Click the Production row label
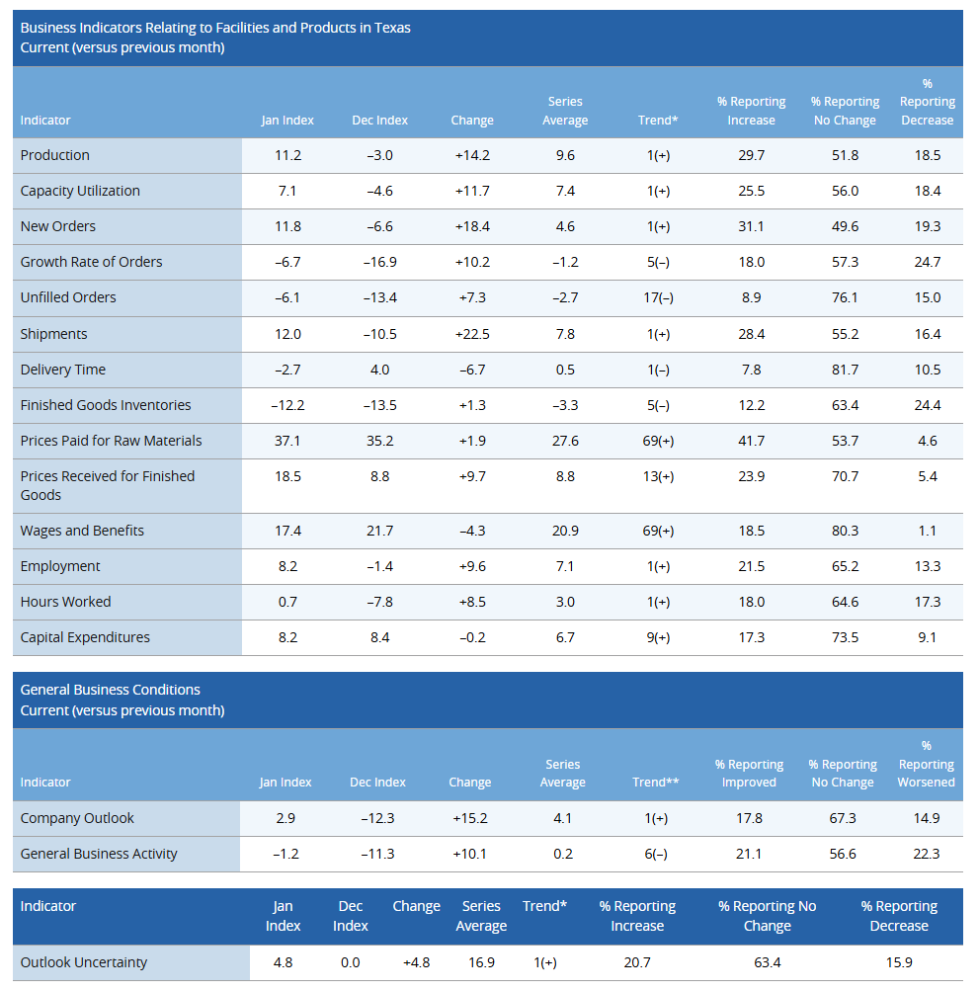click(x=55, y=155)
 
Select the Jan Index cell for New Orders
click(x=287, y=226)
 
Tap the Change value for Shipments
click(x=472, y=334)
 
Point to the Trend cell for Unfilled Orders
click(x=658, y=297)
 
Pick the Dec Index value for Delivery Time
click(x=379, y=370)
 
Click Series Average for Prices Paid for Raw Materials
click(x=565, y=441)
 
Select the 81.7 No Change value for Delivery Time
click(x=845, y=370)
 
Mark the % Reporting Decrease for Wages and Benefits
click(x=927, y=531)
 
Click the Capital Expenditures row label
click(x=85, y=637)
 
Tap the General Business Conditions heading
click(x=110, y=690)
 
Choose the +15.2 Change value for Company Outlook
click(x=469, y=818)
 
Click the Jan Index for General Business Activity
click(x=286, y=854)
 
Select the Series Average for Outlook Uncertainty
click(x=481, y=962)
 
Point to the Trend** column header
click(x=656, y=783)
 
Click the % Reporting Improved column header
click(x=749, y=774)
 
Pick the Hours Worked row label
click(x=65, y=602)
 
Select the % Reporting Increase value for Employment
click(x=752, y=566)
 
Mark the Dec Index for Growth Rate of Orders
click(x=379, y=262)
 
